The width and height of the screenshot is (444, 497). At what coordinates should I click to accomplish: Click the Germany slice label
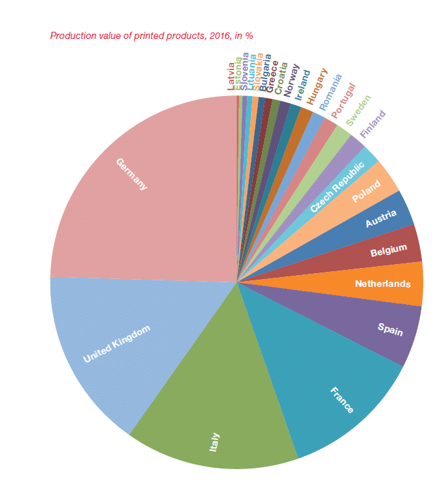tap(132, 174)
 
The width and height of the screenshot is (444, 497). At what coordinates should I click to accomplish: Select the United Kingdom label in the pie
tap(117, 343)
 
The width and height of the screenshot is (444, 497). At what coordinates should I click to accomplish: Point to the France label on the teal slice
tap(342, 400)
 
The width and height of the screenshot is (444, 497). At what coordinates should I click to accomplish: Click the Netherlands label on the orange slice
tap(382, 284)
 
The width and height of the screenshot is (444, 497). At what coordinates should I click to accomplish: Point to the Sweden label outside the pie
tap(358, 110)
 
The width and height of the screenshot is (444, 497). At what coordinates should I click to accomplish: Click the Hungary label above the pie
tap(317, 86)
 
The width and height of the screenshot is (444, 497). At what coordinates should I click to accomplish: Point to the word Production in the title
tap(72, 36)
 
